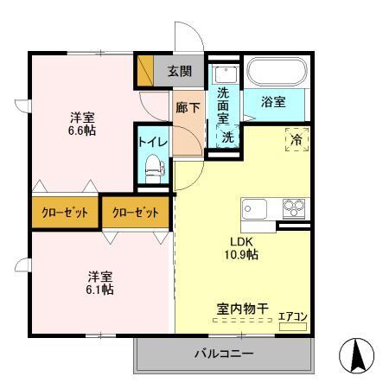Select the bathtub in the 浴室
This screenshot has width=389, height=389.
tap(276, 71)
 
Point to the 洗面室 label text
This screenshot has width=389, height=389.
tap(224, 105)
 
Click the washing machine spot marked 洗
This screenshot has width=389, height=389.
tap(226, 137)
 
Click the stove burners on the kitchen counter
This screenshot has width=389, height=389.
tap(294, 208)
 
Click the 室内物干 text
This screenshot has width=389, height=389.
tap(241, 307)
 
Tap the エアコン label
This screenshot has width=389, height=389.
tap(292, 318)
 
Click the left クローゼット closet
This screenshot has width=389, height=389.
tap(64, 212)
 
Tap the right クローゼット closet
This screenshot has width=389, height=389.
tap(136, 212)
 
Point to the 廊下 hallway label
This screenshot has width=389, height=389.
tap(187, 108)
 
